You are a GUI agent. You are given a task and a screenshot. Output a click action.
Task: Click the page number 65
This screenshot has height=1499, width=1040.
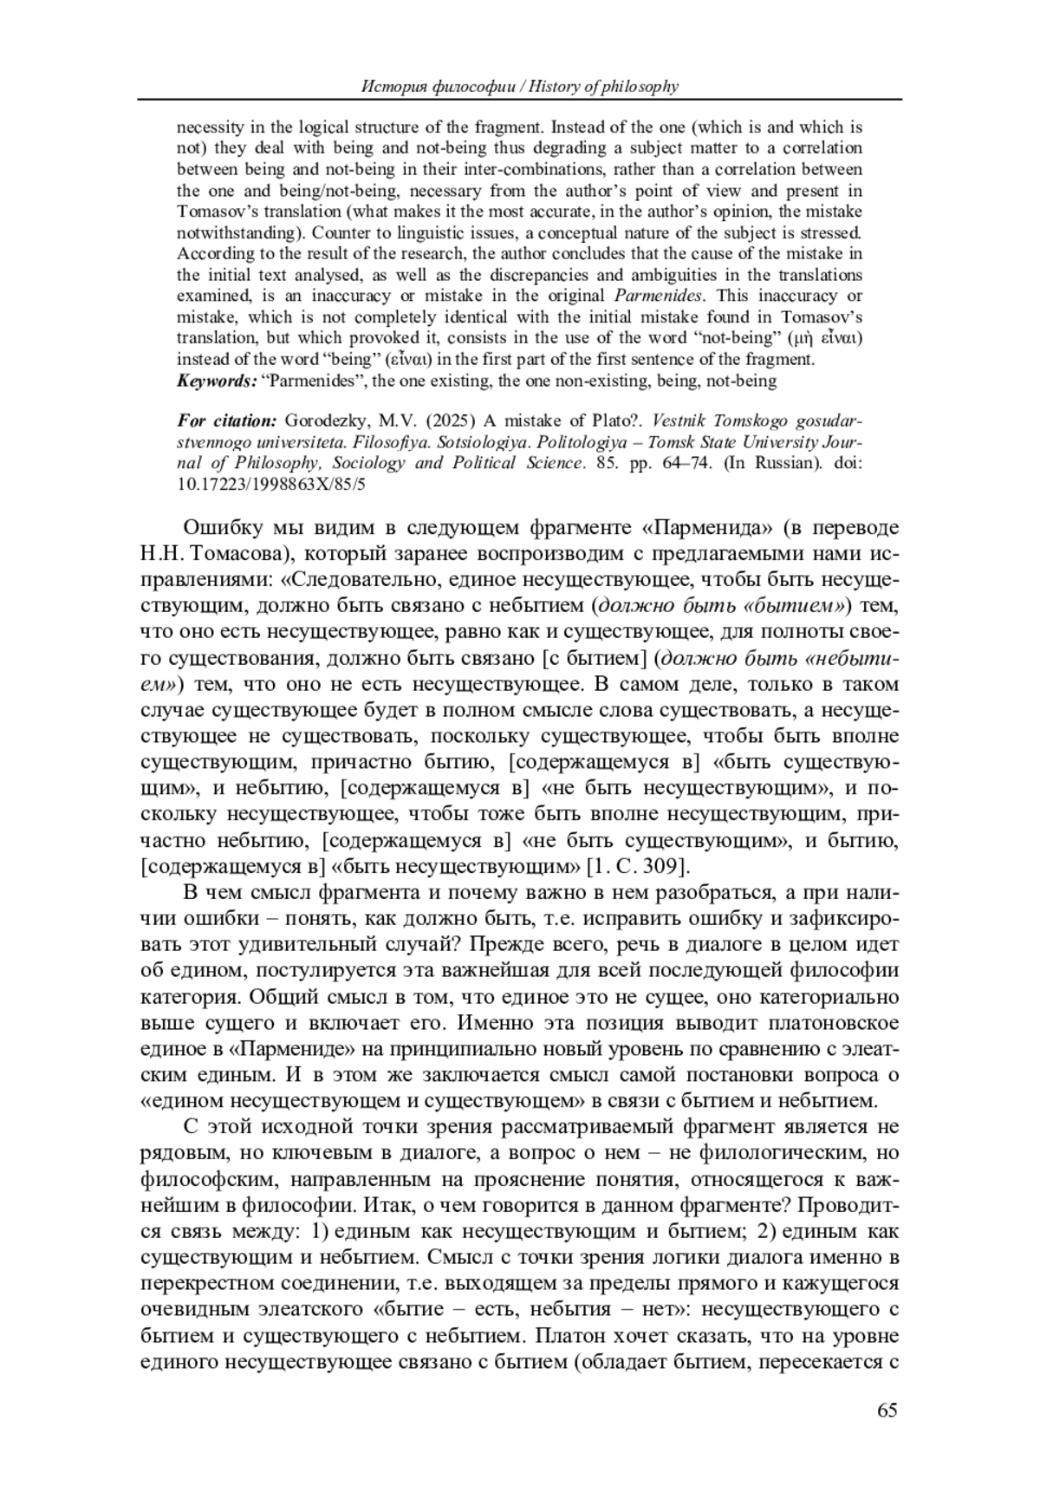[x=887, y=1411]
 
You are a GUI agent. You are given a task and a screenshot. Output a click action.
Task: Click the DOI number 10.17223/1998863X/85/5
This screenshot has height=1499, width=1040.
[x=271, y=484]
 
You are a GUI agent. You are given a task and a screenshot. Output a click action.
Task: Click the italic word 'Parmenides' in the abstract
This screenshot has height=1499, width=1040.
[x=653, y=296]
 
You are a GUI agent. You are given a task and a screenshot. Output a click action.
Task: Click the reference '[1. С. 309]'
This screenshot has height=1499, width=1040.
[x=638, y=866]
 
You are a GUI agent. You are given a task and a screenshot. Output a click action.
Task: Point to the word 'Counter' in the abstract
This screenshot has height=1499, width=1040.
[x=337, y=232]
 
